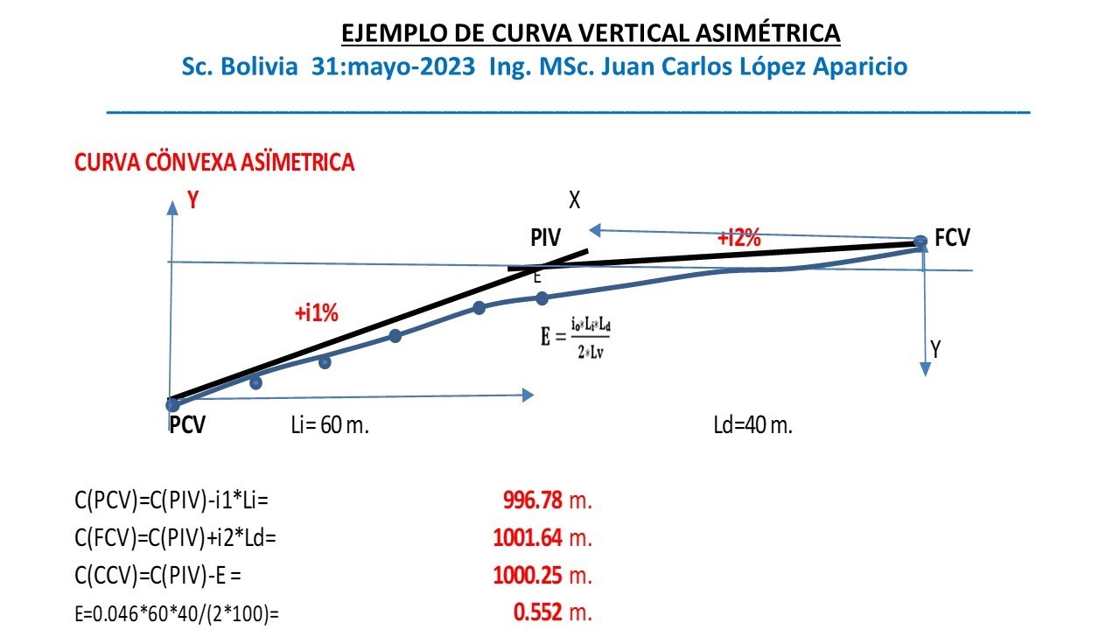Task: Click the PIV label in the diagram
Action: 545,238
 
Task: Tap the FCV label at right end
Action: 952,238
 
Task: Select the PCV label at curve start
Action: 187,425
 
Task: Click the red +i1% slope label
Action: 318,312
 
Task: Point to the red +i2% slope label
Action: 739,238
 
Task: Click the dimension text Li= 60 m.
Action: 330,426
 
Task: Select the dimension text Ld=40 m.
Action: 752,426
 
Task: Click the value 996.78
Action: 532,500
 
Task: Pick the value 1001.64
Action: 528,537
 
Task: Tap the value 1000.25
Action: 528,575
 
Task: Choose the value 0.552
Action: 538,612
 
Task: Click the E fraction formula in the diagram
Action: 575,336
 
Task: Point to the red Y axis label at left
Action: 193,201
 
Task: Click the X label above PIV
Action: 574,200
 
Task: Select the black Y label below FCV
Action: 936,350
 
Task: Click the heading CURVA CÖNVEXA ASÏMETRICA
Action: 214,163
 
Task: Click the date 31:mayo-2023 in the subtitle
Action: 396,67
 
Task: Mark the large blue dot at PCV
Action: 173,404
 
